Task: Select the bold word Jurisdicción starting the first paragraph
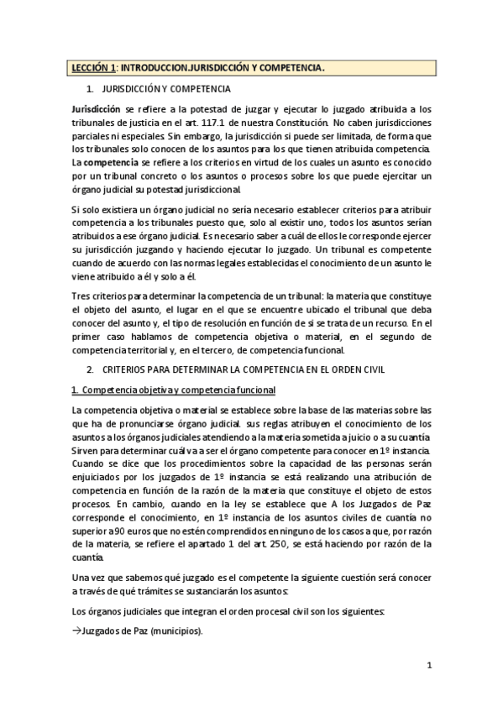(x=96, y=109)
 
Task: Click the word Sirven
(x=86, y=451)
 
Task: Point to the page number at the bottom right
(x=428, y=667)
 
